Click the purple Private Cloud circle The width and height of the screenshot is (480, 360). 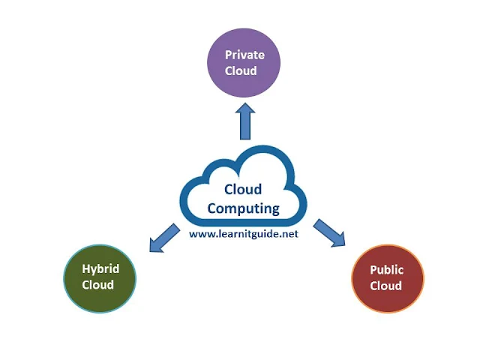[244, 64]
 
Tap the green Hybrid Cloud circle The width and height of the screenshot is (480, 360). [99, 277]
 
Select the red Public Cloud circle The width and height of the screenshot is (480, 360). [387, 278]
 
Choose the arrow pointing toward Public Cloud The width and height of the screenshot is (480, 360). [329, 233]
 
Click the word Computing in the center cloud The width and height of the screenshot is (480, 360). [243, 208]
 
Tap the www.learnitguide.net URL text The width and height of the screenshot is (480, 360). [243, 233]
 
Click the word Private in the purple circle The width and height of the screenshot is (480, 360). [244, 55]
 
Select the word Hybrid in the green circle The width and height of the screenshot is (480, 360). [99, 269]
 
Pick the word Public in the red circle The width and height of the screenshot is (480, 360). [387, 270]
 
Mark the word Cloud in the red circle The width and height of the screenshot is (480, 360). [386, 286]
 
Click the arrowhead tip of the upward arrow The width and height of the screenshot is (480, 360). [244, 105]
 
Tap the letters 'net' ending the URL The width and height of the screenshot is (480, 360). [288, 233]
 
